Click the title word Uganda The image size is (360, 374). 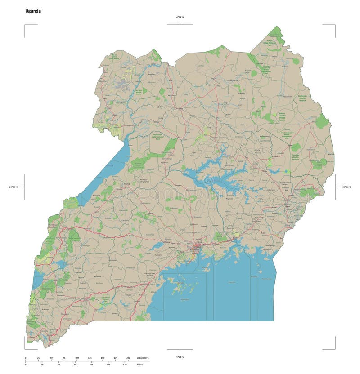pyautogui.click(x=33, y=11)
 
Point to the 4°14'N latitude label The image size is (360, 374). pyautogui.click(x=180, y=17)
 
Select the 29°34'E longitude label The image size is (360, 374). pyautogui.click(x=13, y=187)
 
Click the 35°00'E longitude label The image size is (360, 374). pyautogui.click(x=346, y=187)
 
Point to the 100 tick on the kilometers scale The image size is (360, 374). pyautogui.click(x=77, y=358)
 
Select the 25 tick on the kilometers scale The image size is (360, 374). pyautogui.click(x=39, y=358)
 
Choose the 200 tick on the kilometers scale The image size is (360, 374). pyautogui.click(x=129, y=358)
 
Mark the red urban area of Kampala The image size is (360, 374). pyautogui.click(x=197, y=247)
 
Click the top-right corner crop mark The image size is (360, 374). pyautogui.click(x=335, y=25)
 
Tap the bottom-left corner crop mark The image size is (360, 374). pyautogui.click(x=25, y=348)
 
